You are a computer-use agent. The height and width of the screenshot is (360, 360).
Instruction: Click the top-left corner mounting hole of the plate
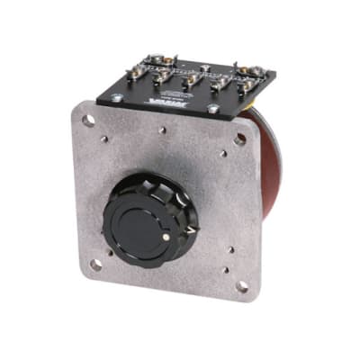(88, 120)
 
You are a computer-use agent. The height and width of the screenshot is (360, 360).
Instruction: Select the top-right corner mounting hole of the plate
(239, 139)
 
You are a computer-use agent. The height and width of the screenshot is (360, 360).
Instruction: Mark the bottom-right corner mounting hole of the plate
(241, 286)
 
